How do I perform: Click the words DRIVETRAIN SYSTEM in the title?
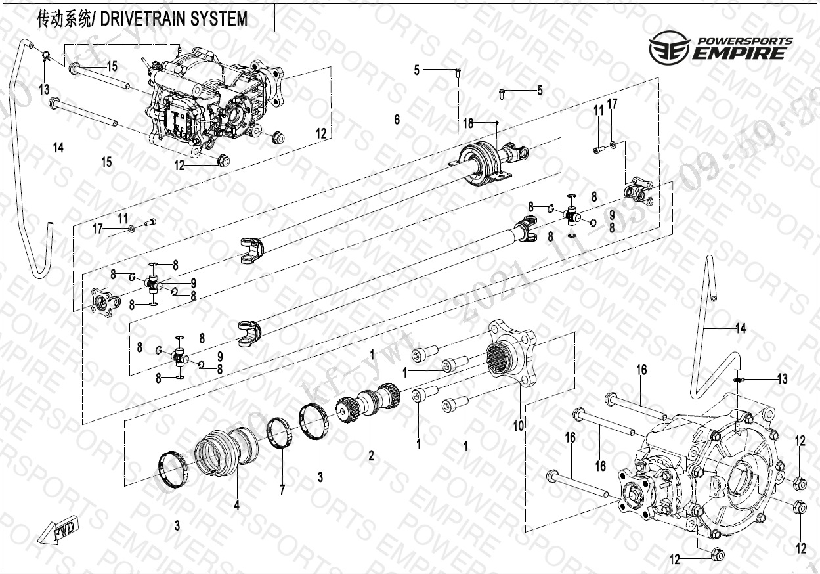tap(175, 19)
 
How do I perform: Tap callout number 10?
tap(519, 426)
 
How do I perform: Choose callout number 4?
tap(237, 505)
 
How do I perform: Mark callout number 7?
tap(282, 490)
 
